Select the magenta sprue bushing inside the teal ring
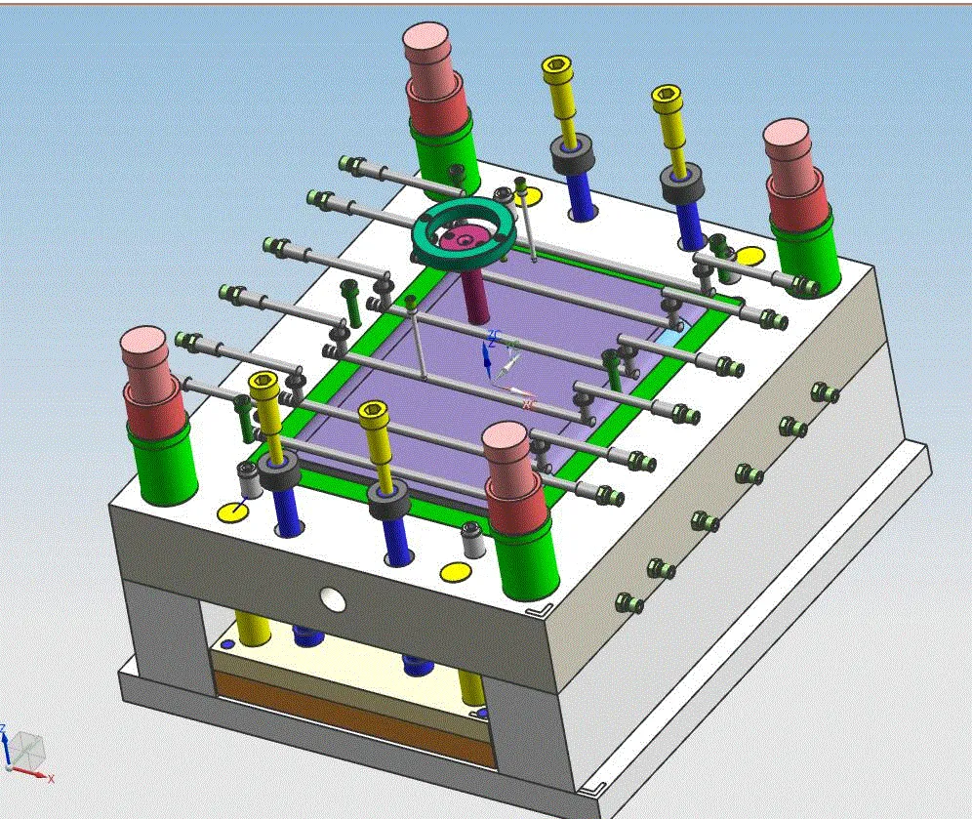point(466,236)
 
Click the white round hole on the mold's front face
point(333,598)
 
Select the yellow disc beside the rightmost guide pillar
point(749,257)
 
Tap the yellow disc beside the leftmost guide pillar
point(232,512)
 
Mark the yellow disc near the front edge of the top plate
point(453,572)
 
